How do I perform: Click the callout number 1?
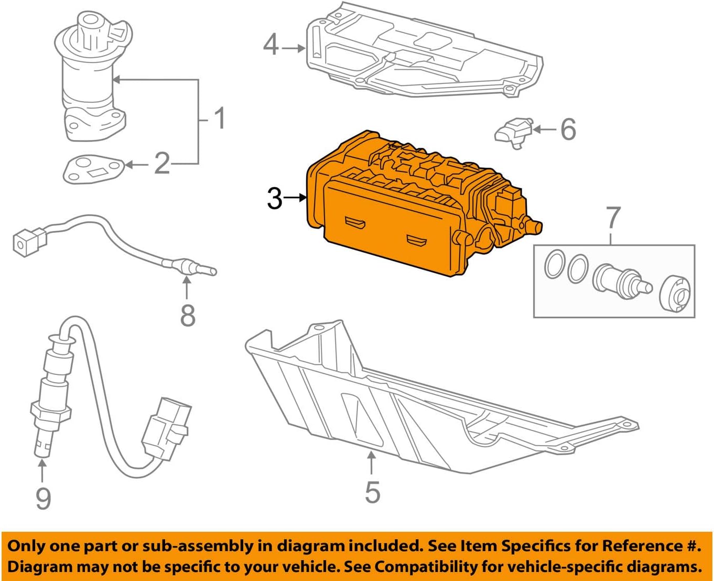(220, 119)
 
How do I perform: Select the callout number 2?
(162, 164)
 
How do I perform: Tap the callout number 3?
(275, 199)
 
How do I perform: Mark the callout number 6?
(568, 130)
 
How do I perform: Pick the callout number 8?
(187, 315)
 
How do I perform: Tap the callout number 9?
(43, 498)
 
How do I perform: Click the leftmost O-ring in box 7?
(554, 265)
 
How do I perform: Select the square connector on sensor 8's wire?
(26, 242)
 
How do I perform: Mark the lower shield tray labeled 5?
(398, 399)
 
